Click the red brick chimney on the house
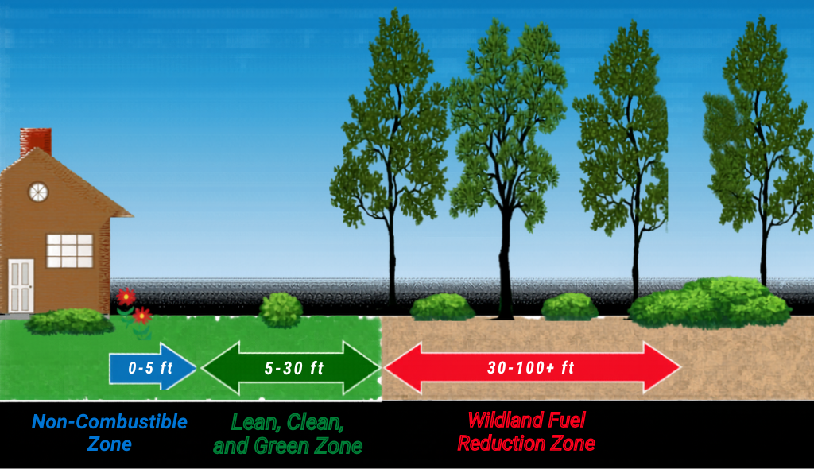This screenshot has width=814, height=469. tap(35, 141)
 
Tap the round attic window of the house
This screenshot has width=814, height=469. tap(38, 192)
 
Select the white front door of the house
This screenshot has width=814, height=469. tap(21, 285)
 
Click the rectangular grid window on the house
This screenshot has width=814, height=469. tap(70, 250)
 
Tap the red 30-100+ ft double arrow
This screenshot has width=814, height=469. tap(531, 367)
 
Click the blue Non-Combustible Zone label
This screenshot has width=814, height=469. tap(110, 432)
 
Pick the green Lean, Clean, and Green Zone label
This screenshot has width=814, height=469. tap(287, 433)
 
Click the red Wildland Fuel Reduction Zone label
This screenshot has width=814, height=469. tap(525, 431)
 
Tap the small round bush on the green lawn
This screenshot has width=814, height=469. tap(281, 309)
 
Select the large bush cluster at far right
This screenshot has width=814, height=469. tap(710, 302)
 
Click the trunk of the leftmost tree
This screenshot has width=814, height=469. tap(392, 262)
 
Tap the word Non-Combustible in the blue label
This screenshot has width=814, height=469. tap(110, 421)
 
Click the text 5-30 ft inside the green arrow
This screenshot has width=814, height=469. tap(294, 367)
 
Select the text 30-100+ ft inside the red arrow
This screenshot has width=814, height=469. tap(530, 367)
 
